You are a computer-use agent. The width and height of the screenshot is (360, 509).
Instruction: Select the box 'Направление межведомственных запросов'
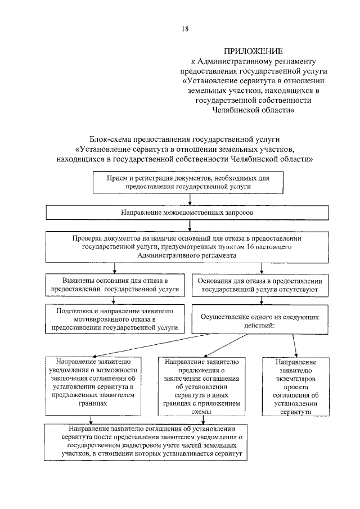pyautogui.click(x=191, y=213)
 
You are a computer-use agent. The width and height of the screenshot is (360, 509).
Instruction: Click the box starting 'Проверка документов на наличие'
pyautogui.click(x=191, y=246)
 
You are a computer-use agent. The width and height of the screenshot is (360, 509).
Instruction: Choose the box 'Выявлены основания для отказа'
pyautogui.click(x=115, y=285)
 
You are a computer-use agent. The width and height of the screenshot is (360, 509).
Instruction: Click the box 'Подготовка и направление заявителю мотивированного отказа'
pyautogui.click(x=115, y=319)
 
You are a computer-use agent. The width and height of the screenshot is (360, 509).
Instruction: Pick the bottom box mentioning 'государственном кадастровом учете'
pyautogui.click(x=150, y=440)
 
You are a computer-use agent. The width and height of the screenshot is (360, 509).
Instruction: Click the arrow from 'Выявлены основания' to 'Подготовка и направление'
pyautogui.click(x=115, y=300)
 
